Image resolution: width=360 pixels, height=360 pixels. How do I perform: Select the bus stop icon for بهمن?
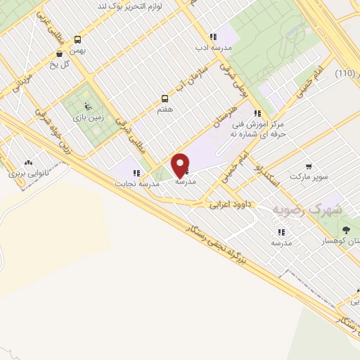click(77, 40)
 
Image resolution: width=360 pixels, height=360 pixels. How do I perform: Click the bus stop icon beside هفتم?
click(165, 99)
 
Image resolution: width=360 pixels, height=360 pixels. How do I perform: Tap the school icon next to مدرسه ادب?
click(212, 37)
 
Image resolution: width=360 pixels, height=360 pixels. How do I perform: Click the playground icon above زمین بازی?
click(87, 108)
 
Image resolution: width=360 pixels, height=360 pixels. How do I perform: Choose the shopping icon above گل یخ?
click(59, 53)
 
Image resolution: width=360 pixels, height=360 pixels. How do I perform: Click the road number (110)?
click(345, 74)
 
